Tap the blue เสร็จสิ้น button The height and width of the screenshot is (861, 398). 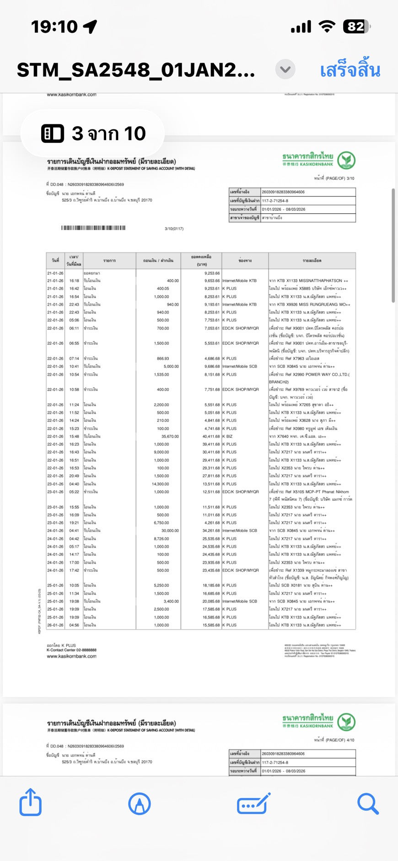click(x=350, y=70)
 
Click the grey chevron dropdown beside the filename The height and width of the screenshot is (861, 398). click(x=285, y=70)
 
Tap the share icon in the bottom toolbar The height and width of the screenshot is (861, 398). click(x=31, y=802)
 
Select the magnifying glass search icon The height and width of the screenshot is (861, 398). click(x=368, y=803)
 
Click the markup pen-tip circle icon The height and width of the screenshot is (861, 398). click(x=140, y=803)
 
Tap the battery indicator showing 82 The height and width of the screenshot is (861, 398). click(x=356, y=27)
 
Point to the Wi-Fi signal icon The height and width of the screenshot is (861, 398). click(x=327, y=27)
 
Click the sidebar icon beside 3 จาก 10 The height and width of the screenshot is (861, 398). click(x=53, y=133)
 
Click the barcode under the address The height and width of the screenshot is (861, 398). click(x=93, y=227)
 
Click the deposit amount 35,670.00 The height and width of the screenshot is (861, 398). click(x=170, y=436)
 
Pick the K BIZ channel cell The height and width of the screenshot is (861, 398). click(x=228, y=436)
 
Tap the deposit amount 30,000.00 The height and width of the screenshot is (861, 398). click(x=169, y=531)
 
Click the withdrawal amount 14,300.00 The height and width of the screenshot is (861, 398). click(x=160, y=484)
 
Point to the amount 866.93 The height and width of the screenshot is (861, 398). click(x=162, y=359)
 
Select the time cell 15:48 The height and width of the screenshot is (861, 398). click(x=74, y=436)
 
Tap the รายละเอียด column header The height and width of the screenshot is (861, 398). click(x=312, y=261)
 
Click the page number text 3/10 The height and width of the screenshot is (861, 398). click(x=350, y=178)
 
